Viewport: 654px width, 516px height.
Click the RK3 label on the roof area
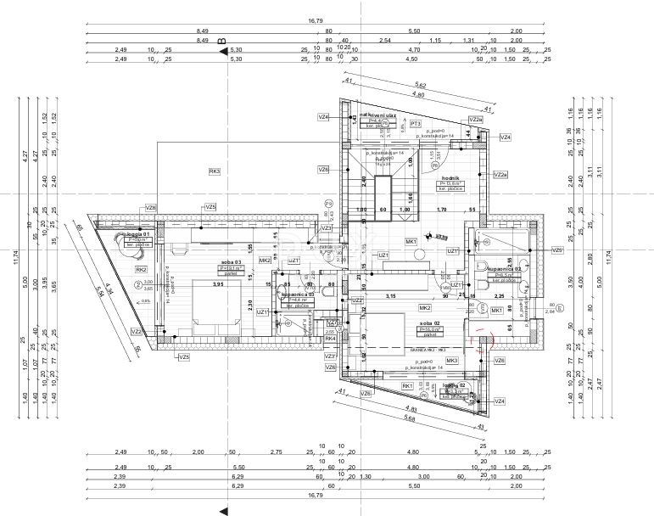point(215,171)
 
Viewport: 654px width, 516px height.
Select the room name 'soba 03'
point(231,262)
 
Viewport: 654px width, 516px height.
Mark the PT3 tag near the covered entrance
point(416,124)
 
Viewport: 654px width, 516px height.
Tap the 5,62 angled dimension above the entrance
point(421,86)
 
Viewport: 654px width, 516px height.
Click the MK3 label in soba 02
point(451,360)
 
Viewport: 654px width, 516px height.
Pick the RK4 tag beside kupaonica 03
point(330,339)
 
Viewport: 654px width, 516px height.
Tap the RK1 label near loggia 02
point(407,386)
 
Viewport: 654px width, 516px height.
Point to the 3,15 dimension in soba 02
point(392,296)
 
